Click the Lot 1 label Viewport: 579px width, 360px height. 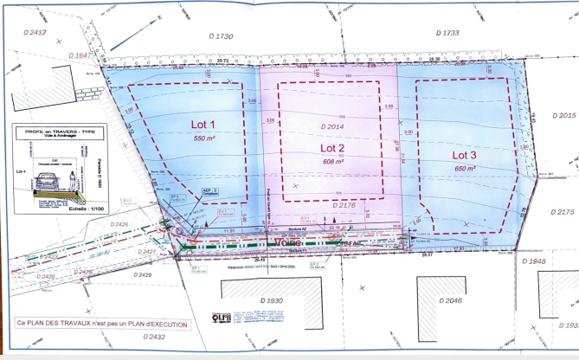coord(203,124)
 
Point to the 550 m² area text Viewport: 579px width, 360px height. coord(203,138)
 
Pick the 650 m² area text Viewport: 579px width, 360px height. coord(465,170)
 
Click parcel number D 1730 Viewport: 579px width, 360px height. coord(222,35)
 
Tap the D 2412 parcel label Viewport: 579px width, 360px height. coord(36,33)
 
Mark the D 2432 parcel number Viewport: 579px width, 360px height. coord(156,337)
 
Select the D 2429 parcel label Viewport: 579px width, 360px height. coord(139,273)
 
